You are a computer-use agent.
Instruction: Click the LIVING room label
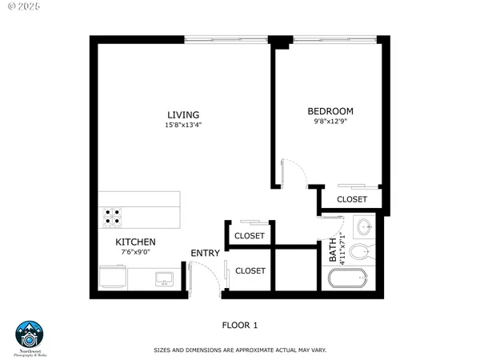point(183,114)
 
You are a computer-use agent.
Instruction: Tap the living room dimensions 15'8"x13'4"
point(183,125)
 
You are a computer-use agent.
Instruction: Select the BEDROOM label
point(330,111)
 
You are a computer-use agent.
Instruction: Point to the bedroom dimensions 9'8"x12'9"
point(330,122)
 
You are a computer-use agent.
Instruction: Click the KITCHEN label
point(135,242)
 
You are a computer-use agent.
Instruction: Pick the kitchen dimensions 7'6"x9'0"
point(135,252)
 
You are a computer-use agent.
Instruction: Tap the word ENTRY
point(205,254)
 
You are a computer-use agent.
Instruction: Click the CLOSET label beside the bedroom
point(352,199)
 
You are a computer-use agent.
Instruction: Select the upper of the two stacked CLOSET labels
point(250,236)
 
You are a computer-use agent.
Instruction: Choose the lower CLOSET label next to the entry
point(250,271)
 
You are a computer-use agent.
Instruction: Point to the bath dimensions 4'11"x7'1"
point(342,248)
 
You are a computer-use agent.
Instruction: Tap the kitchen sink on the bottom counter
point(165,278)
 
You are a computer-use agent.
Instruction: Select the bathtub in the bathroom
point(348,280)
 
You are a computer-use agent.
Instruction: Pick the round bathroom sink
point(363,227)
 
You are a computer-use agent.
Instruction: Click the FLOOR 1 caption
point(239,325)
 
